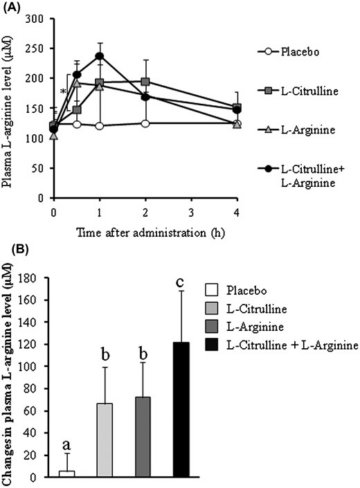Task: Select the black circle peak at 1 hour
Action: [100, 56]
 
